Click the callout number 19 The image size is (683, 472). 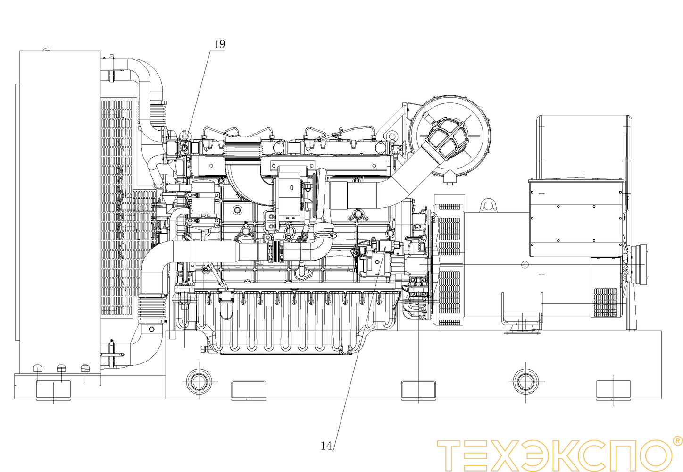[220, 44]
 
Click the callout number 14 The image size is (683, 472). [326, 446]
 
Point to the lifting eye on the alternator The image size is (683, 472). [488, 205]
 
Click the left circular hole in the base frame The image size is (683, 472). [199, 381]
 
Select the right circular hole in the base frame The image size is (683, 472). [525, 381]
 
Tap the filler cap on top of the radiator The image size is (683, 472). [46, 49]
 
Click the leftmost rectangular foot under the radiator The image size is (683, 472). [53, 390]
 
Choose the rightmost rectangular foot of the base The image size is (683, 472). [613, 390]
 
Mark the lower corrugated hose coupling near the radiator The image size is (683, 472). [151, 309]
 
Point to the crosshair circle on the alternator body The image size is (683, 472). [525, 265]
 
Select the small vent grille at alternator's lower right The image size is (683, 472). [605, 303]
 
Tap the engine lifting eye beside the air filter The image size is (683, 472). [391, 136]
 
